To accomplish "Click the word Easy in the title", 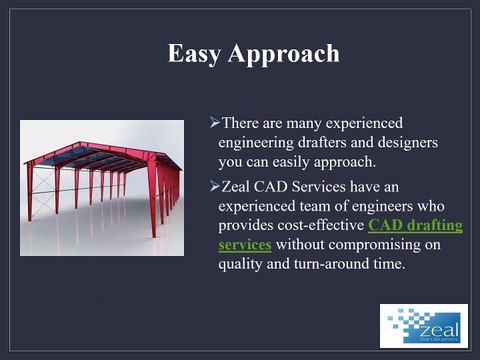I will [x=192, y=54].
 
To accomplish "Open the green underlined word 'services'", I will [x=244, y=246].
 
